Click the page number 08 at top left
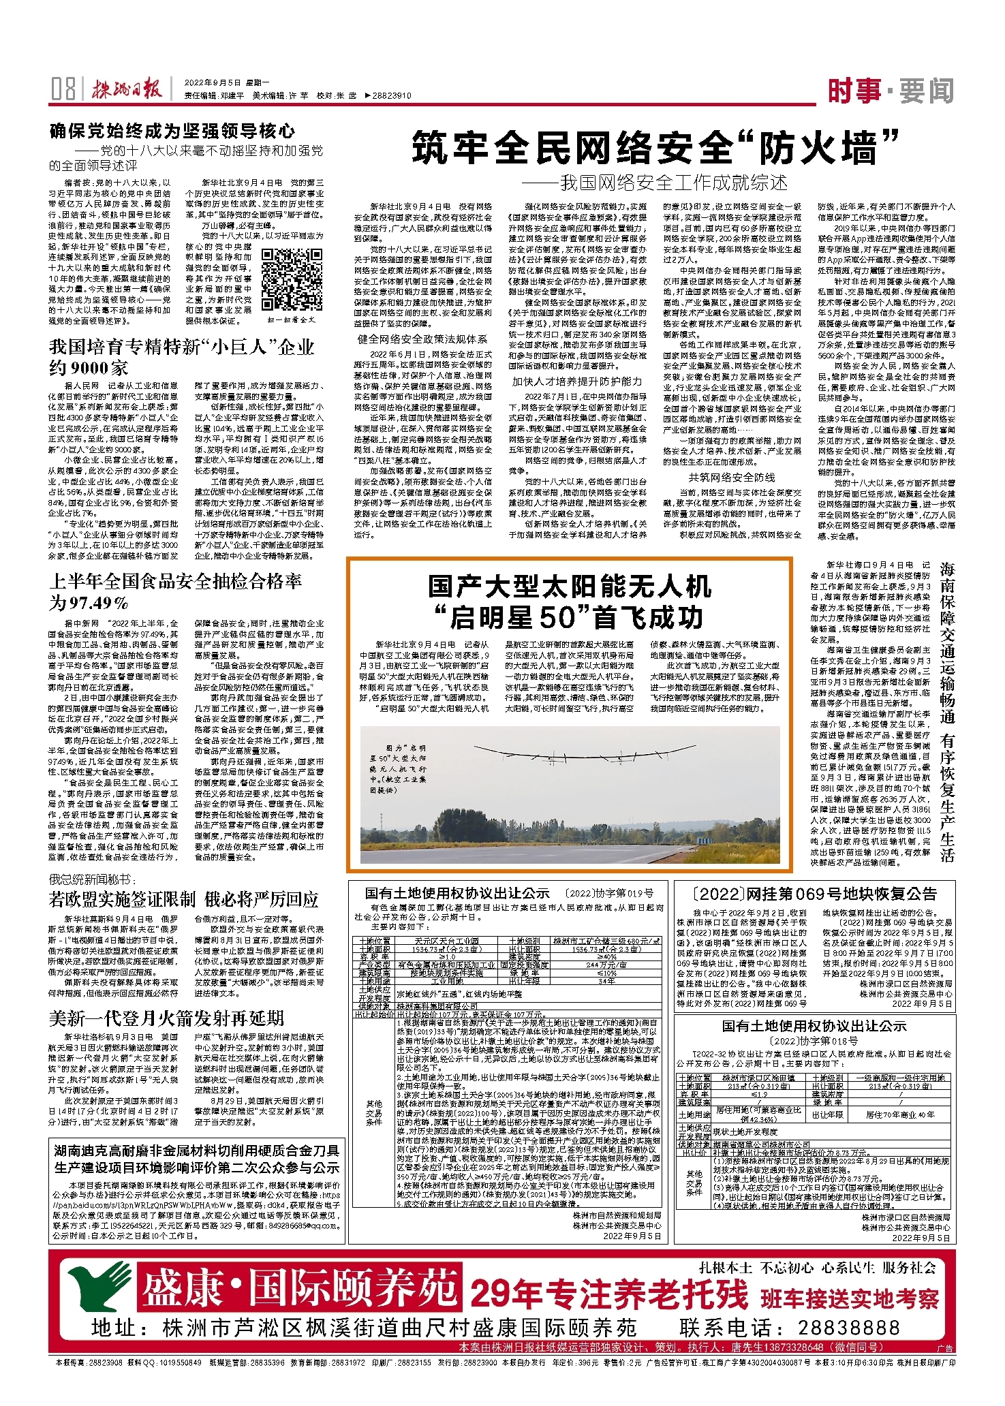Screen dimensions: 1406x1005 [63, 89]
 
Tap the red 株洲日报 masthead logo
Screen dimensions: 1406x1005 [129, 89]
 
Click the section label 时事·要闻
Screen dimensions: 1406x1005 [891, 91]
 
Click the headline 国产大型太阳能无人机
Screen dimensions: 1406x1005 [570, 586]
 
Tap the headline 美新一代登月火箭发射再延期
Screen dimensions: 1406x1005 [166, 1018]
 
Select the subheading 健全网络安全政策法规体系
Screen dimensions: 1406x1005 [422, 339]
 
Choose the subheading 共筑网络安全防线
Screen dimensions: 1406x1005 [732, 478]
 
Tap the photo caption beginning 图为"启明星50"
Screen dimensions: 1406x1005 [398, 762]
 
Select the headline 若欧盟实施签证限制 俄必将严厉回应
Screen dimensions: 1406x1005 [183, 899]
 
